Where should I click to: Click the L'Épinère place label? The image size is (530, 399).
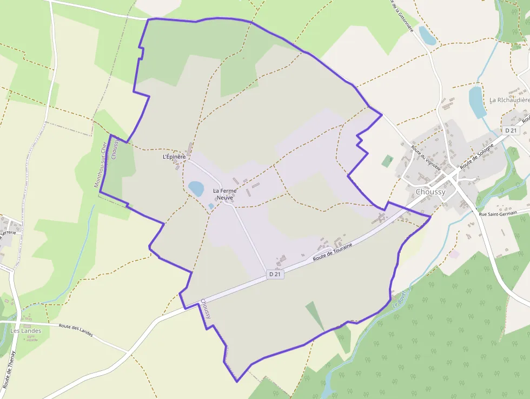pyautogui.click(x=174, y=157)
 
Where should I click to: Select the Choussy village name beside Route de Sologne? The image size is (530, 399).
pyautogui.click(x=430, y=192)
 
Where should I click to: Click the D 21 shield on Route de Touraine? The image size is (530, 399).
pyautogui.click(x=275, y=274)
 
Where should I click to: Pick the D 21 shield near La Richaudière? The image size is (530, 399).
pyautogui.click(x=510, y=130)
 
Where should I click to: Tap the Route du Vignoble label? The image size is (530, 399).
pyautogui.click(x=426, y=159)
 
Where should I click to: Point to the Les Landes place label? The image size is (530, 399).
pyautogui.click(x=25, y=331)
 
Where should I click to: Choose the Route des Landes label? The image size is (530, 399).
pyautogui.click(x=76, y=330)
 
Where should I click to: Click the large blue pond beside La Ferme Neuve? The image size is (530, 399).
pyautogui.click(x=196, y=188)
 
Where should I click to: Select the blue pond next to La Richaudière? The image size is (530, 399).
pyautogui.click(x=477, y=102)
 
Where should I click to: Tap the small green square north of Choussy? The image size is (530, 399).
pyautogui.click(x=387, y=161)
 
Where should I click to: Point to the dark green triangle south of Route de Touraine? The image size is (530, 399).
pyautogui.click(x=315, y=315)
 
